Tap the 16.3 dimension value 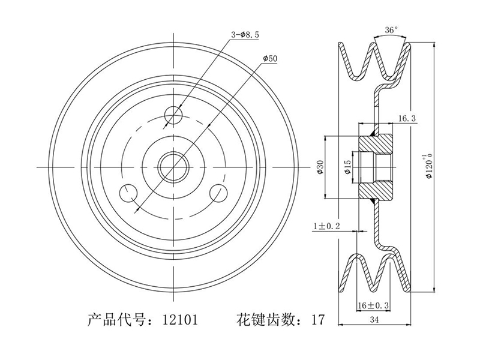[x=407, y=119]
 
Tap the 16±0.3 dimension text [x=373, y=305]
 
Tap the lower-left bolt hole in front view [x=129, y=193]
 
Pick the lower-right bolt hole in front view [x=220, y=193]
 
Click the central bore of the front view [x=174, y=166]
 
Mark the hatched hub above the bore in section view [x=376, y=143]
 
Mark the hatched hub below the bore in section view [x=376, y=188]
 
